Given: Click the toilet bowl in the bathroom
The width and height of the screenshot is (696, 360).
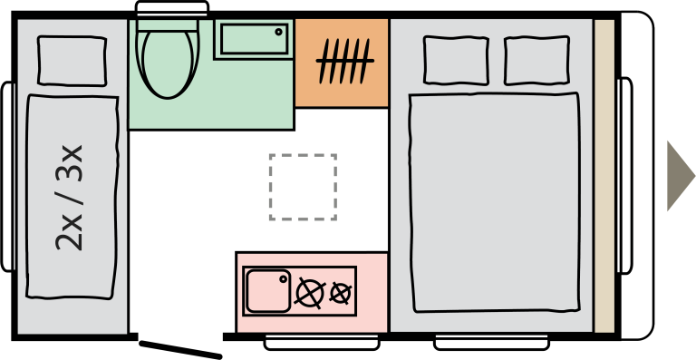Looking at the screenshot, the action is tap(169, 63).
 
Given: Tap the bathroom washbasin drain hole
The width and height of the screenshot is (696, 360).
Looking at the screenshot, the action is tap(279, 32).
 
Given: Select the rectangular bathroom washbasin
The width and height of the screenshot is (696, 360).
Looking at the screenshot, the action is tap(254, 39).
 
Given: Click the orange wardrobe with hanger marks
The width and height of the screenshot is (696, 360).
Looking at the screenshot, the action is tap(342, 63).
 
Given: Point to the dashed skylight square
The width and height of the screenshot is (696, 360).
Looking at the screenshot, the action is tap(303, 187).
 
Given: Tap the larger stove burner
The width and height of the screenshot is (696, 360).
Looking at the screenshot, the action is tap(310, 293).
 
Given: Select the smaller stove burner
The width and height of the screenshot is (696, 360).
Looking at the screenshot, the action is tap(341, 294).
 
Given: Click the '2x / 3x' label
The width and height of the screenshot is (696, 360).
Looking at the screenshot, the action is tap(70, 198).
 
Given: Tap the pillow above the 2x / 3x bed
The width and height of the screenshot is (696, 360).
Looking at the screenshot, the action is tap(72, 61).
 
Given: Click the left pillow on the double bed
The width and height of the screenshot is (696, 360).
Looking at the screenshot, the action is tap(456, 60).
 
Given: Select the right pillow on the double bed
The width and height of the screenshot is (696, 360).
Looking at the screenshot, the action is tap(536, 60).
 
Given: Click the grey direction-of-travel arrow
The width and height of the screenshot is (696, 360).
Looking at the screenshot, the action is tap(680, 176).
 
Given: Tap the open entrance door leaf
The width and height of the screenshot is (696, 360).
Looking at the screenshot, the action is tap(180, 349).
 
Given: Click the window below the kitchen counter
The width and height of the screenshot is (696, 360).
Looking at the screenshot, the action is tap(322, 343).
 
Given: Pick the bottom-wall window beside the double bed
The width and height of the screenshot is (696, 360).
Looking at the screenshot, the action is tap(491, 343).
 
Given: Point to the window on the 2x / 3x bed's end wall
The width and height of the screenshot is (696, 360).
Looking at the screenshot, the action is tap(7, 177).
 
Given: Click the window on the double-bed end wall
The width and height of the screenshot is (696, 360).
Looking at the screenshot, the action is tap(625, 176).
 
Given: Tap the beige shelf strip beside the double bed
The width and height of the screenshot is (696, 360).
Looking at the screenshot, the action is tap(604, 176).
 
